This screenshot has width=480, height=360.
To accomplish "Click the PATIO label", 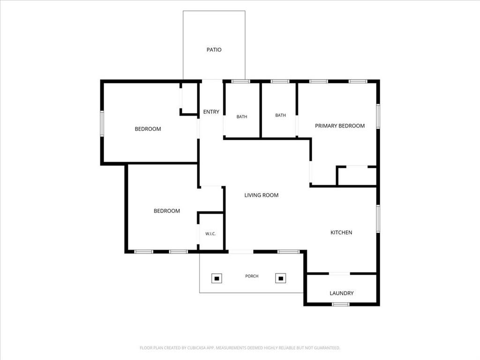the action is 214,50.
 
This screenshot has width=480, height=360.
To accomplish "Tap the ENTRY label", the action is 211,112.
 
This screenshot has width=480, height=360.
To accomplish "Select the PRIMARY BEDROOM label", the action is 340,126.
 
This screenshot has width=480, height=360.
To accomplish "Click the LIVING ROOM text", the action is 262,195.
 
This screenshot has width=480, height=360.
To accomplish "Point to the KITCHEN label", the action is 341,232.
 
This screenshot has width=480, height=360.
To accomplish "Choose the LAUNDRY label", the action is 342,293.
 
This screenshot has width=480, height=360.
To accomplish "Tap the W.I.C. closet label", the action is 210,233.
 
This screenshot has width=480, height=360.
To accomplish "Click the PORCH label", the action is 252,276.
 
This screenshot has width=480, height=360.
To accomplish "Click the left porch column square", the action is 217,278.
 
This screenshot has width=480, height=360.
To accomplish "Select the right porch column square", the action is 281,278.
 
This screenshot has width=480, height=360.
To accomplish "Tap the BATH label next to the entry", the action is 242,116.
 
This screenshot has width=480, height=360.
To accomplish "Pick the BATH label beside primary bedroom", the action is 280,115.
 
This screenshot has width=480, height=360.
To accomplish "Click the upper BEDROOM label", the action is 148,129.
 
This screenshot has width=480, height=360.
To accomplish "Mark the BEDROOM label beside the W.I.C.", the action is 167,210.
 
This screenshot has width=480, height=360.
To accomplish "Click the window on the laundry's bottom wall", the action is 341,304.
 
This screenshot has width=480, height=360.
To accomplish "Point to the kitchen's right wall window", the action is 378,218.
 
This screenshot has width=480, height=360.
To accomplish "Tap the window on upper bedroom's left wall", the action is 102,124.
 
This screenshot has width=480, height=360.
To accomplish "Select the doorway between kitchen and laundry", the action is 339,273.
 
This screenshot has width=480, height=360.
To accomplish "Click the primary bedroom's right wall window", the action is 378,116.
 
